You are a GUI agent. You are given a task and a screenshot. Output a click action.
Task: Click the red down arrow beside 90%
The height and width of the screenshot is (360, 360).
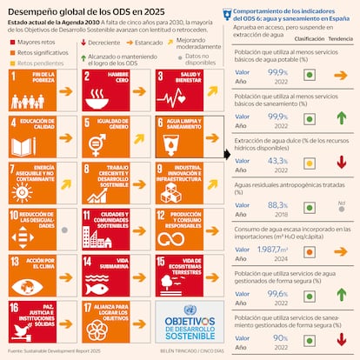[341, 339]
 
